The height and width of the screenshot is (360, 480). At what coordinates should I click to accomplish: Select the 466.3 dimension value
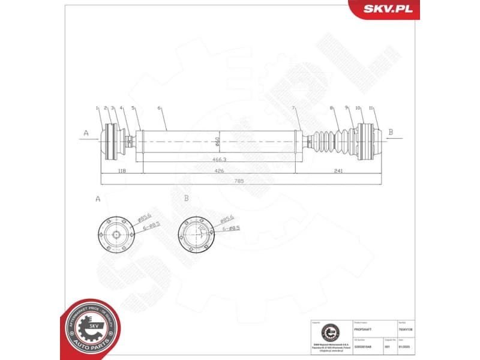(x=219, y=160)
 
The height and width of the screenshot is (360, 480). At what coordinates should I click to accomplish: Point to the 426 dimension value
(x=219, y=171)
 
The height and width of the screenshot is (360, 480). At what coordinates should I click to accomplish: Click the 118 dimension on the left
(x=122, y=171)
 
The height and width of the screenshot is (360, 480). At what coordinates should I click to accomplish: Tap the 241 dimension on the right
(x=338, y=171)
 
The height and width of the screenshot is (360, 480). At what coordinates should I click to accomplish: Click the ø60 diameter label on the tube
(x=217, y=142)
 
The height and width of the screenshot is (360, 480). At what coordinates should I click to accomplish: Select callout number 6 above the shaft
(x=159, y=108)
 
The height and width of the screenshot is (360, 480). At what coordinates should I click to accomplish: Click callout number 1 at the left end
(x=97, y=108)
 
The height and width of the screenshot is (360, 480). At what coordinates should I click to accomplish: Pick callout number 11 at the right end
(x=372, y=108)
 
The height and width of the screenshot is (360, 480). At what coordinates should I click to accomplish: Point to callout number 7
(x=293, y=108)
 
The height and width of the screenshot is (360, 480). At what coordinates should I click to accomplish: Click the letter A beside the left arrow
(x=86, y=132)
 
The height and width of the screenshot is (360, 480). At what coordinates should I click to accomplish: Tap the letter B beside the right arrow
(x=391, y=132)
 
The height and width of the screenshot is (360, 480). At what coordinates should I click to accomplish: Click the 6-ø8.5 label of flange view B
(x=231, y=228)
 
